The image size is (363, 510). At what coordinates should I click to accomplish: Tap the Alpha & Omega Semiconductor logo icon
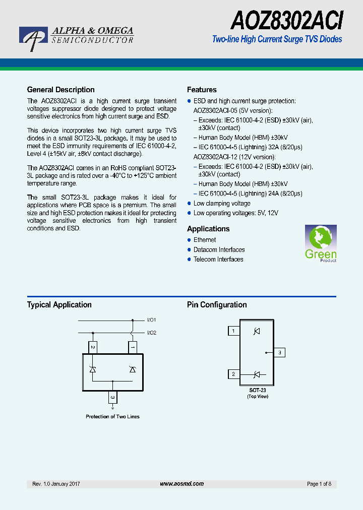point(33,38)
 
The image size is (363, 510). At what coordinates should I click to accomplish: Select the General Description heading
point(60,90)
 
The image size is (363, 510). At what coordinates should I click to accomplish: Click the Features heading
point(202,90)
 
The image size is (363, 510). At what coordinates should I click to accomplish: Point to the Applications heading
point(208,229)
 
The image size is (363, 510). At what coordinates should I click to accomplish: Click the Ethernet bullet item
point(204,240)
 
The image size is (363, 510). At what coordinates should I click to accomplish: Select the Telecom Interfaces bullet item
point(218,259)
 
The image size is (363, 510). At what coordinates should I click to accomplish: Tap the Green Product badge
point(321,243)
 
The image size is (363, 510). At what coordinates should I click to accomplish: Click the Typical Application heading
point(59,305)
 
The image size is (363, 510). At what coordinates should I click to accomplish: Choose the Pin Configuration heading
point(217,305)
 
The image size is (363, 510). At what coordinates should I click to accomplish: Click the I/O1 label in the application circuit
point(152,320)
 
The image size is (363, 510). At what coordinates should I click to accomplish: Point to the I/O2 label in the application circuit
point(152,333)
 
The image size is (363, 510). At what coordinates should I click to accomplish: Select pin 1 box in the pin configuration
point(233,331)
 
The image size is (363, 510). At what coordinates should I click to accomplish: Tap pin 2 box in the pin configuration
point(233,374)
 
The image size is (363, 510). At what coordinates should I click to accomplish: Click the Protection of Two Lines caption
point(112,417)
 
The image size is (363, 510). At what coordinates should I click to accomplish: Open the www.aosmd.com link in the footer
point(181,484)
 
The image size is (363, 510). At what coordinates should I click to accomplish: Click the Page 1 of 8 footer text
point(319,484)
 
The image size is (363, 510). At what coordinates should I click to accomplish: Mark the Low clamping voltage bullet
point(222,204)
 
